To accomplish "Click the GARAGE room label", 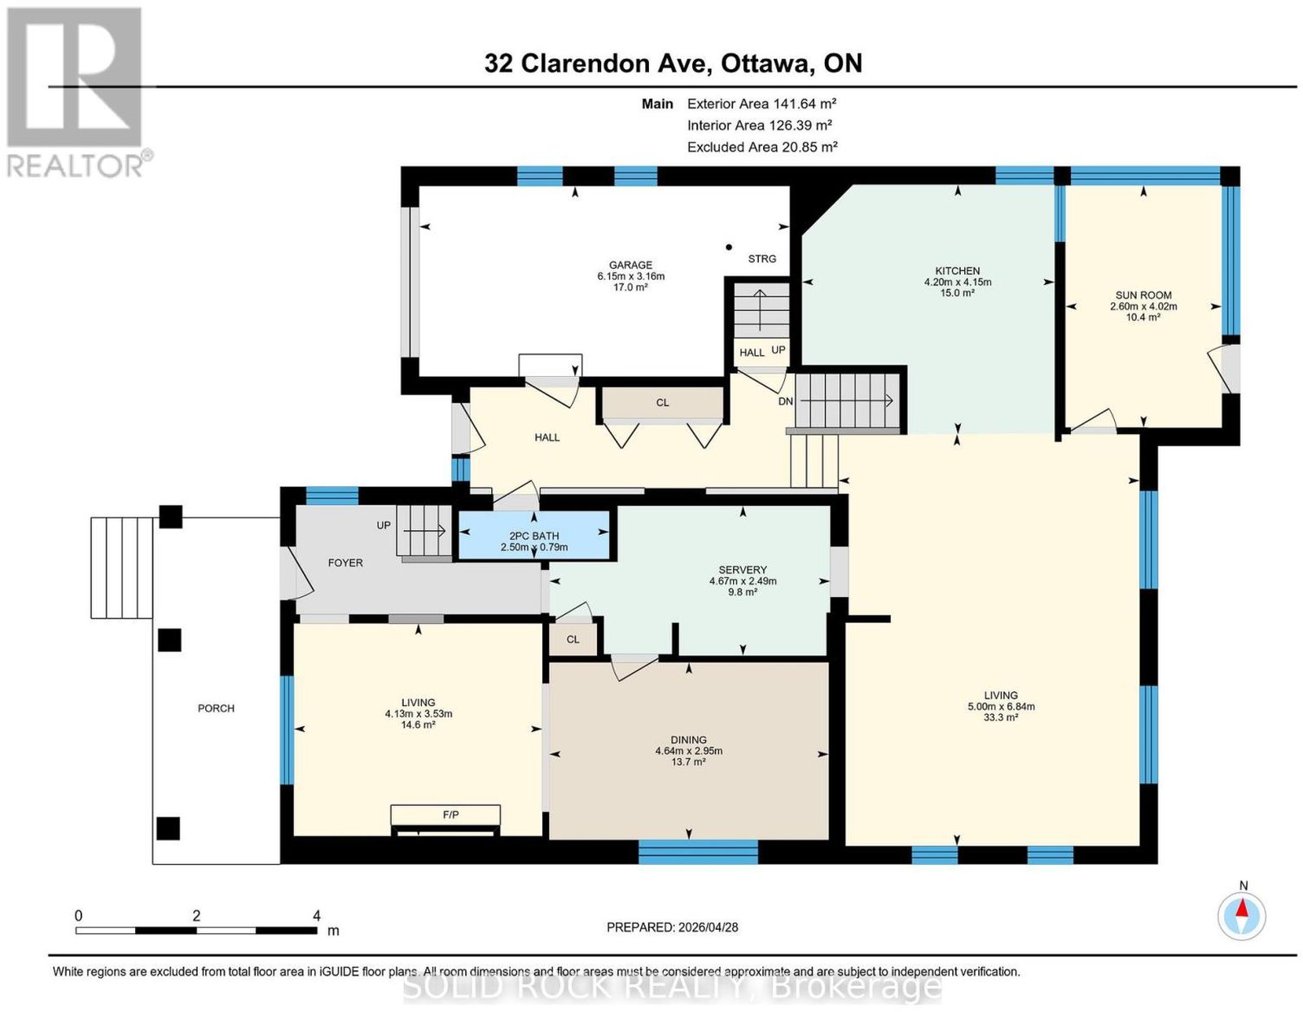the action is click(630, 265).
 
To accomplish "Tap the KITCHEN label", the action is click(958, 271).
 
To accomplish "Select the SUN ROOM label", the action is click(1143, 295).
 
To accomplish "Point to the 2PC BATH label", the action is click(533, 537).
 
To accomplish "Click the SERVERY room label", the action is click(743, 570).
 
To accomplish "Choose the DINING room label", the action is click(688, 740).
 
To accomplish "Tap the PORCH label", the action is click(216, 708).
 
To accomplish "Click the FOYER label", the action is click(345, 563).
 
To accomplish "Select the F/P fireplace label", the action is click(450, 815).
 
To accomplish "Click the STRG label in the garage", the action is click(762, 259).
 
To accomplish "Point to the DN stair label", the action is click(786, 401).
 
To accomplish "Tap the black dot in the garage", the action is click(729, 247).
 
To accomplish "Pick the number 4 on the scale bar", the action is click(317, 915).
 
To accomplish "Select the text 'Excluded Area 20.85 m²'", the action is click(762, 147).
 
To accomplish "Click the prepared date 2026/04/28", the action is click(708, 927).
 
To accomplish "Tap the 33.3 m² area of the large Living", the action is click(1000, 717).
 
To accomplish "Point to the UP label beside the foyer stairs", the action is click(384, 525).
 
